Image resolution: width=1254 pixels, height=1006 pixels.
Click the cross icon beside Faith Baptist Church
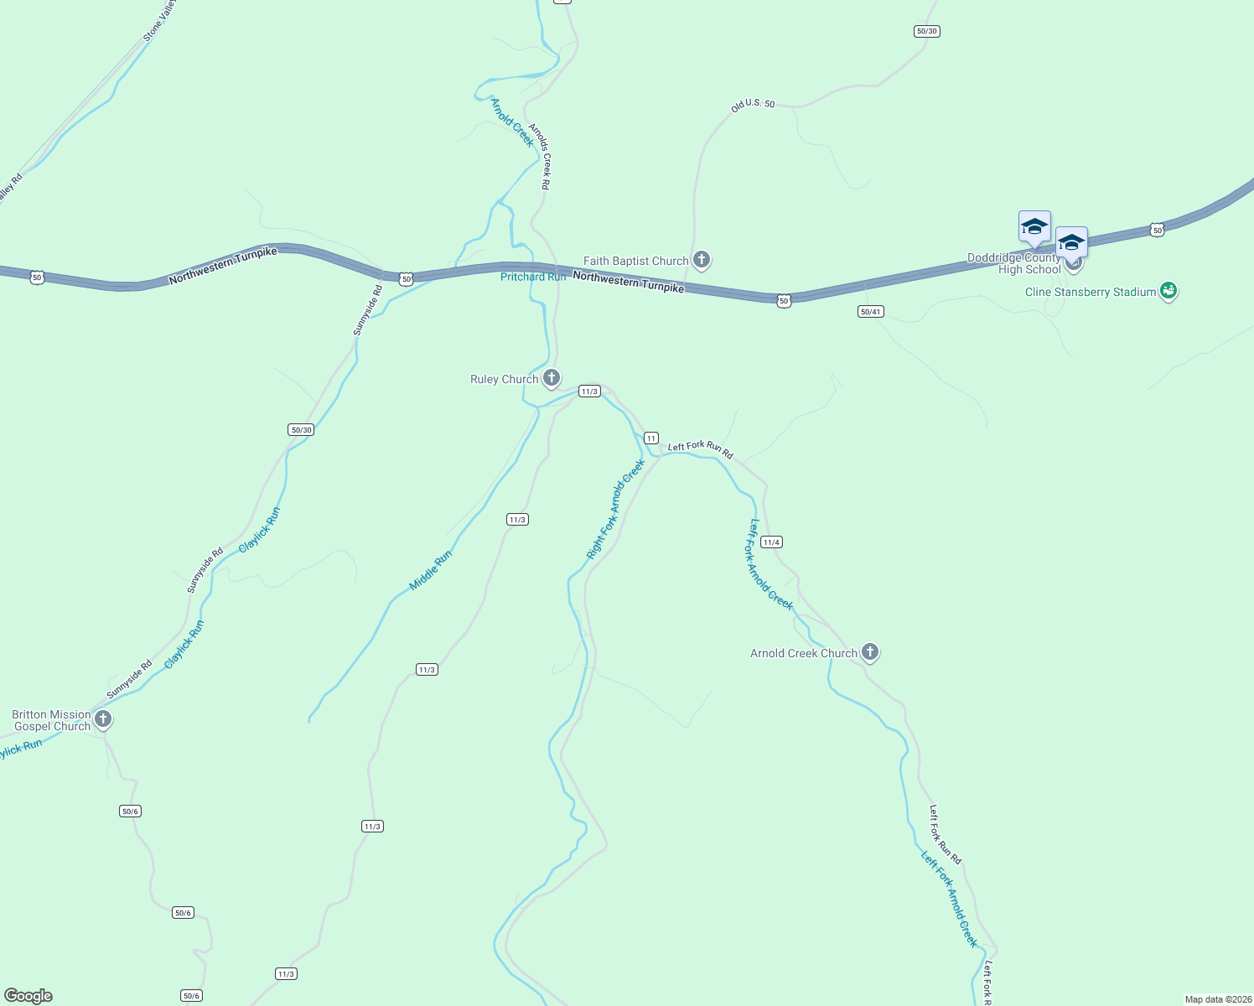702,260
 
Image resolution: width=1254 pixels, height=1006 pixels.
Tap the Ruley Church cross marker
551,378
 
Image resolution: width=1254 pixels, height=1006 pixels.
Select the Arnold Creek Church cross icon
870,651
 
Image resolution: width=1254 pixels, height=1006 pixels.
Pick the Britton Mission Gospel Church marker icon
103,718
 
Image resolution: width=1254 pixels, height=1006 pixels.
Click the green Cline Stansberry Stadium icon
1168,291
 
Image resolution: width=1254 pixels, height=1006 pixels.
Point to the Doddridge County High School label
1014,264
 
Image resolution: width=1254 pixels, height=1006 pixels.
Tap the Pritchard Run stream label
533,277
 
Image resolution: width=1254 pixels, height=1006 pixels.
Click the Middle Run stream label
431,570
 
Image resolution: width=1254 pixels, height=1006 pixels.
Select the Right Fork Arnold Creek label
616,509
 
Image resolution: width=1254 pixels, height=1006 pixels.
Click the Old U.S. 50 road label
753,105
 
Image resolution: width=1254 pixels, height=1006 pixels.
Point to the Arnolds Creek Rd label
539,157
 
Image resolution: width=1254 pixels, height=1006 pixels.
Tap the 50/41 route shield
871,312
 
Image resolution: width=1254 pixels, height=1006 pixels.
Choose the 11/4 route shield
771,542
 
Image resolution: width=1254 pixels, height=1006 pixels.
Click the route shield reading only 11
651,438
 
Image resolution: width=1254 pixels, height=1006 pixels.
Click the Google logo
28,996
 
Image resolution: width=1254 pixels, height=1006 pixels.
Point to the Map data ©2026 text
1217,999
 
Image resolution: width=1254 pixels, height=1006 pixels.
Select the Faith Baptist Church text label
636,261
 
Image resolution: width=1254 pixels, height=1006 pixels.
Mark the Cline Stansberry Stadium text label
1091,292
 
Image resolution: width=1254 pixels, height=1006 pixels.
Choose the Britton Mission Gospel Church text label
51,720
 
